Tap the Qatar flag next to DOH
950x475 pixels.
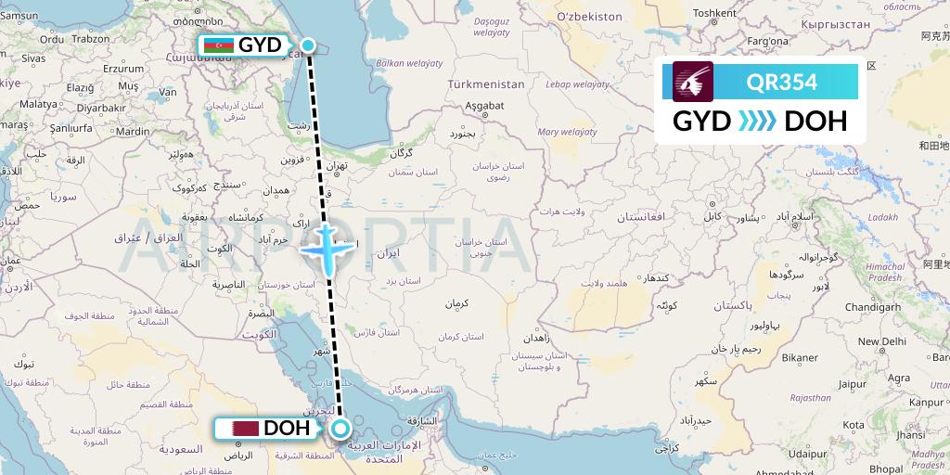pyautogui.click(x=245, y=429)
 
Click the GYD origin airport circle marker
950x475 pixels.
pyautogui.click(x=308, y=45)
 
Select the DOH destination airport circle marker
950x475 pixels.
pyautogui.click(x=340, y=428)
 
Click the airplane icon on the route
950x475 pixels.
pyautogui.click(x=327, y=246)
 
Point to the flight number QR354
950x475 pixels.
pyautogui.click(x=781, y=82)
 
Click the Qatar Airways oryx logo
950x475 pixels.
pyautogui.click(x=694, y=82)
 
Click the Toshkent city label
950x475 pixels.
pyautogui.click(x=714, y=13)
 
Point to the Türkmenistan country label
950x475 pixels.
pyautogui.click(x=485, y=83)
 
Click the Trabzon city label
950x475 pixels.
pyautogui.click(x=91, y=39)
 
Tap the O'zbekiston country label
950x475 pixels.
pyautogui.click(x=589, y=17)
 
